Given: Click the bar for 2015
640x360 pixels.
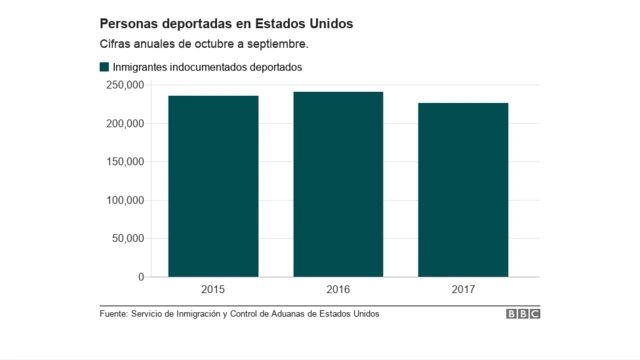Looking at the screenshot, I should click(x=213, y=186).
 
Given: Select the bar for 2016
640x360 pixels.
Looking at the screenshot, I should click(x=338, y=184).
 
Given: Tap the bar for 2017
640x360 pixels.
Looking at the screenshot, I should click(x=463, y=190).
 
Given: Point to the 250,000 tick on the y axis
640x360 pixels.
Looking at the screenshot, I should click(x=124, y=85).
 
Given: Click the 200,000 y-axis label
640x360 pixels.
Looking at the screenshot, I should click(x=124, y=124).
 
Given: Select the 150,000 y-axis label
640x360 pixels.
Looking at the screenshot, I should click(x=124, y=162).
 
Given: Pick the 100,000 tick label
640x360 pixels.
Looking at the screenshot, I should click(x=124, y=200).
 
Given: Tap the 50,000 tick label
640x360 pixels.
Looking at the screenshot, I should click(x=127, y=239).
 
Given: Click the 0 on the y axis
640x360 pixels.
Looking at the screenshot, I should click(x=139, y=277).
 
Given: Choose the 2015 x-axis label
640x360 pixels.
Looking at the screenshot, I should click(x=213, y=290).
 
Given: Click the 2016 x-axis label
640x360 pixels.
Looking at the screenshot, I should click(x=338, y=290).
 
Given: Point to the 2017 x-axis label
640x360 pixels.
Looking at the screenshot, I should click(x=463, y=290).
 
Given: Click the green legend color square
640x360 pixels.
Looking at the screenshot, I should click(x=104, y=67).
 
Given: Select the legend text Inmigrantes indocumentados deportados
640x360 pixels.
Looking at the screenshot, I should click(x=207, y=67).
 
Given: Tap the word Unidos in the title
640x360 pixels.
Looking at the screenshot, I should click(x=329, y=22).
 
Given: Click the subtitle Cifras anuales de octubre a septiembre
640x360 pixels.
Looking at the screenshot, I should click(x=203, y=45).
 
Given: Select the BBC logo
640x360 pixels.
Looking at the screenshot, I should click(x=522, y=314).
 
